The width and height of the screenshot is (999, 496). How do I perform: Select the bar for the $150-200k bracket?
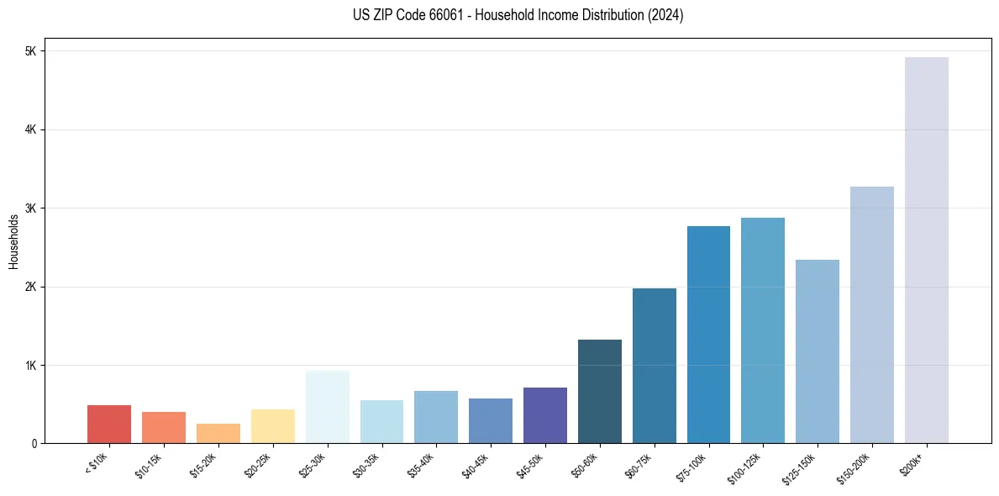point(871,315)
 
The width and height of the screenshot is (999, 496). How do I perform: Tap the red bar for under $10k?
point(109,425)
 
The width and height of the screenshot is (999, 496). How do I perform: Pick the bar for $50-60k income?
point(600,392)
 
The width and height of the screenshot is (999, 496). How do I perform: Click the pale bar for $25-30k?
point(328,407)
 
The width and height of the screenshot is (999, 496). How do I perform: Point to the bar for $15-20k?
point(218,434)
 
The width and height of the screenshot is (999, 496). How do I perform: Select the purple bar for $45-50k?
point(545,415)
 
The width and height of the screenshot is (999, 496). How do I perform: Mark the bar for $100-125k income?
point(763,330)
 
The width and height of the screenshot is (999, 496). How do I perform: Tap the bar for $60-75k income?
point(655,366)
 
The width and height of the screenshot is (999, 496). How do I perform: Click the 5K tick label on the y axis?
point(31,51)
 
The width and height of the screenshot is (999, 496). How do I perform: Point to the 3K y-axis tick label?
point(31,208)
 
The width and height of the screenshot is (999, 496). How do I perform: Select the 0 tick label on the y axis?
point(34,444)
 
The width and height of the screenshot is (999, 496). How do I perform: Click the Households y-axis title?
point(14,241)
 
